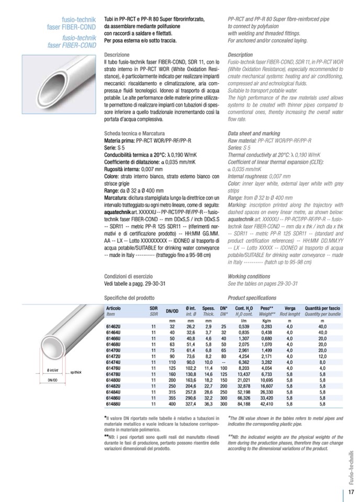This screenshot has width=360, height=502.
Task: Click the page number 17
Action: (x=350, y=492)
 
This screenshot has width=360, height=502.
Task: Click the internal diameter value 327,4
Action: (x=190, y=404)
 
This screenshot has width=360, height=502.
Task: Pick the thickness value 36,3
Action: (x=208, y=404)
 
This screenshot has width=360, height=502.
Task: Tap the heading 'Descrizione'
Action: (x=116, y=54)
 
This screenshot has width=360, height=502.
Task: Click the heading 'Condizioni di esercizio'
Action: (x=128, y=276)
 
